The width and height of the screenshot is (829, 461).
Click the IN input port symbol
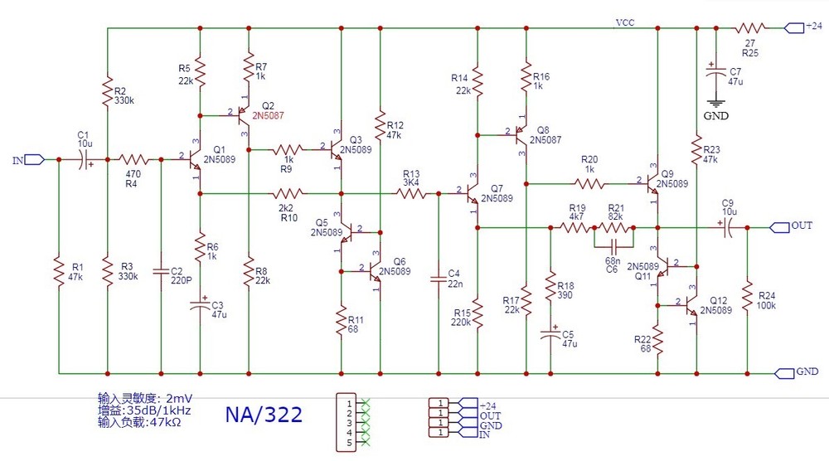point(34,159)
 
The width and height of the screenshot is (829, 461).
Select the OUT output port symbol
point(781,226)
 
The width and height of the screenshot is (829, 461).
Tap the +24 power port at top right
point(793,27)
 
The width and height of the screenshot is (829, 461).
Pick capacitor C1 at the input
point(85,159)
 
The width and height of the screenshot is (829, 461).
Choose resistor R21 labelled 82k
point(614,226)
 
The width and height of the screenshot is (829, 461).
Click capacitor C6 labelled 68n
point(613,246)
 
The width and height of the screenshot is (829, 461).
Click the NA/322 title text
point(264,414)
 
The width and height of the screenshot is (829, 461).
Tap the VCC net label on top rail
point(624,22)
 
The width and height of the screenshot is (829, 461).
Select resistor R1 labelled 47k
point(58,272)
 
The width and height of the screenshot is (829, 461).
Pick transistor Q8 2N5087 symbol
point(521,132)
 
